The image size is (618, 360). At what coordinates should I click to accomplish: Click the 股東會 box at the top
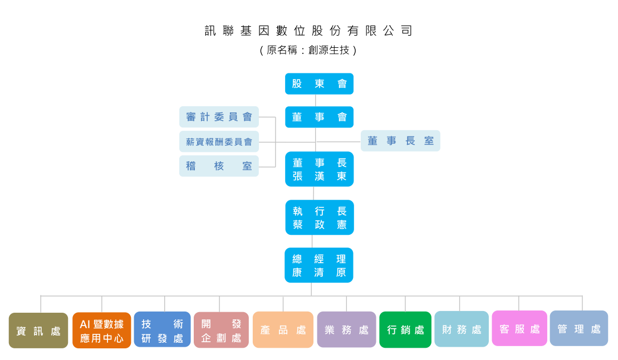(319, 84)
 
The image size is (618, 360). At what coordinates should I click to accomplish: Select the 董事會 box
(319, 117)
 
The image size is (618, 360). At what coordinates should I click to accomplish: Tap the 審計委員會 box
(219, 117)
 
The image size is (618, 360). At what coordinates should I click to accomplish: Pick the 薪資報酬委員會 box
(219, 142)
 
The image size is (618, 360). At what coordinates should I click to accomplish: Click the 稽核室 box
(219, 166)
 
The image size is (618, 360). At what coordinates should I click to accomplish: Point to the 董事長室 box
(400, 141)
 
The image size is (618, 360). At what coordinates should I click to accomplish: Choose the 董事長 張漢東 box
(319, 169)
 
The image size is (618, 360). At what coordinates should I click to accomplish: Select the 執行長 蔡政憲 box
(319, 218)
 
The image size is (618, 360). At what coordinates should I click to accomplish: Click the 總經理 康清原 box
(319, 265)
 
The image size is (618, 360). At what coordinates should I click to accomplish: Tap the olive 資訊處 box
(38, 331)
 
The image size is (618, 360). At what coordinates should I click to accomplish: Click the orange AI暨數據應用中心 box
(101, 331)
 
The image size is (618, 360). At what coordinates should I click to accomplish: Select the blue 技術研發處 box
(162, 331)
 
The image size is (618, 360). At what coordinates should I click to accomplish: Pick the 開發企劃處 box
(221, 331)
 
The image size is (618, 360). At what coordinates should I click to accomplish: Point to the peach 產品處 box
(283, 330)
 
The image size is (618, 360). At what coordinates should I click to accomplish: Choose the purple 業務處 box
(346, 330)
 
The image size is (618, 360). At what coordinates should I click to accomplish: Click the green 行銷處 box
(405, 330)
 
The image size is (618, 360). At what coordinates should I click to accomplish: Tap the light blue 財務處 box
(462, 329)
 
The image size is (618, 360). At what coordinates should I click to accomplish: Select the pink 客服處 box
(519, 329)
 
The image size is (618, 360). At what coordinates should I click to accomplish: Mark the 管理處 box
(579, 329)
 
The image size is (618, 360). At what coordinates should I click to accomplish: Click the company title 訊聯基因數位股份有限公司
(308, 31)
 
